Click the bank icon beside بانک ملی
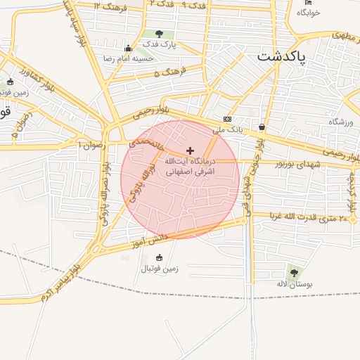click(x=226, y=119)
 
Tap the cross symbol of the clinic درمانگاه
click(x=190, y=150)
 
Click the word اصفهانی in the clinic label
click(x=179, y=171)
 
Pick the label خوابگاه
click(x=309, y=13)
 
